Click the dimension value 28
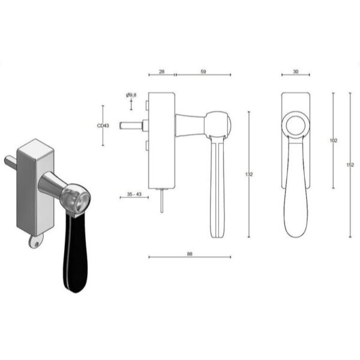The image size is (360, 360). pos(161,71)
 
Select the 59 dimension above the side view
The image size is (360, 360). pos(203,71)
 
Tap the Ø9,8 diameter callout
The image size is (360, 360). pos(131,95)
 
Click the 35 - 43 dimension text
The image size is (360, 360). pos(134,195)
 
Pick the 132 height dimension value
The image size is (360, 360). pos(249,175)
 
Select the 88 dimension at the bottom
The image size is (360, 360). pos(189,254)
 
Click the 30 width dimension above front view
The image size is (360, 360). pos(296,71)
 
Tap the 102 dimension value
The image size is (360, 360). pos(334,140)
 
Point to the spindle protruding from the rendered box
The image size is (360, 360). pos(11,163)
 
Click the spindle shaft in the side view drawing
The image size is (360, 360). pos(131,126)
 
